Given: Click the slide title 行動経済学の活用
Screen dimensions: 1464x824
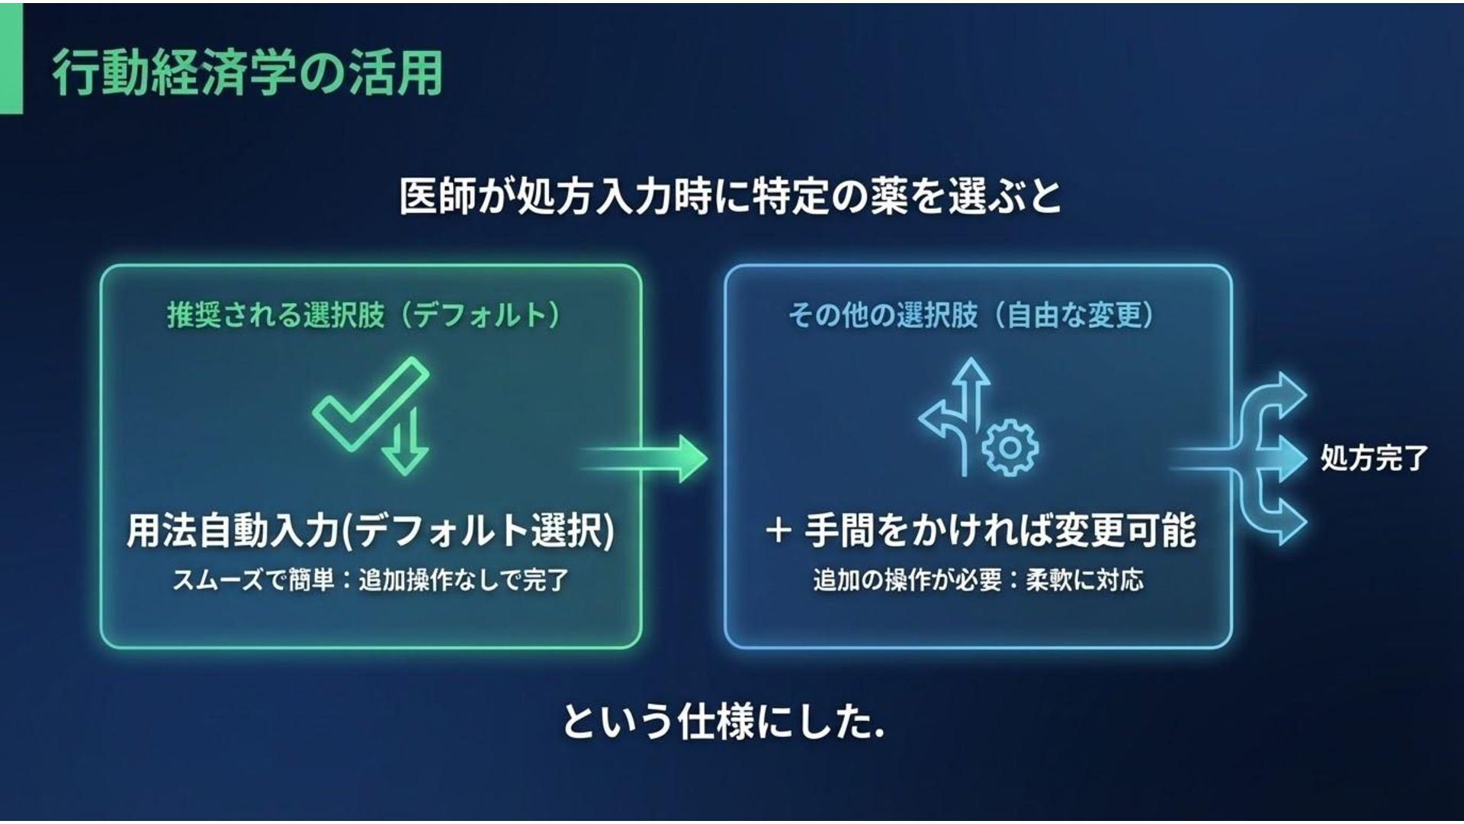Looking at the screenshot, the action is (247, 73).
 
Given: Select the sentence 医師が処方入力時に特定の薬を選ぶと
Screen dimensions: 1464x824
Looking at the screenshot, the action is (730, 196).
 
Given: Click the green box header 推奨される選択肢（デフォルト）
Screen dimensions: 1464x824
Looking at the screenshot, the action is (364, 314).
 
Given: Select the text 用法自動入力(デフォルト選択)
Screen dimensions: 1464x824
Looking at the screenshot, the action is (371, 529).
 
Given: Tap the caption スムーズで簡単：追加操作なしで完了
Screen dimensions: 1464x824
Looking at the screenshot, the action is (371, 581).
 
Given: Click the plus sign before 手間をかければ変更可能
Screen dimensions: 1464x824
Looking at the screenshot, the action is (777, 530).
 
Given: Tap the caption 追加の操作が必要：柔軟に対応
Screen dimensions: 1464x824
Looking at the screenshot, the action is (978, 581).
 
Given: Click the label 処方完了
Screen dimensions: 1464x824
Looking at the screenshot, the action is (1374, 458).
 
